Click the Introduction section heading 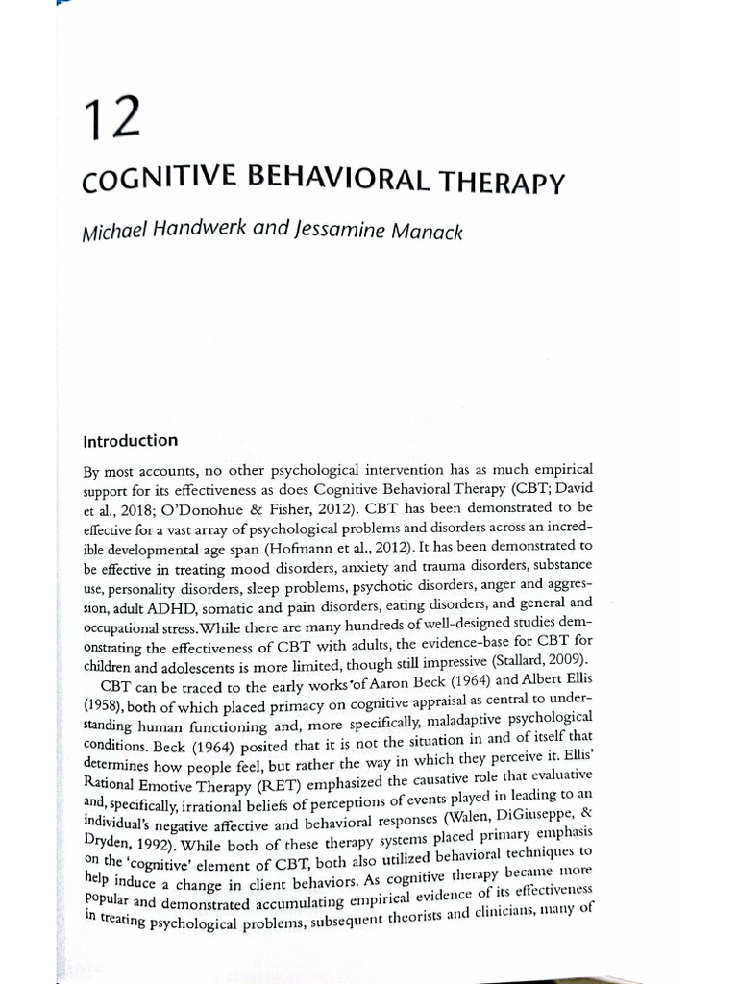(x=131, y=442)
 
